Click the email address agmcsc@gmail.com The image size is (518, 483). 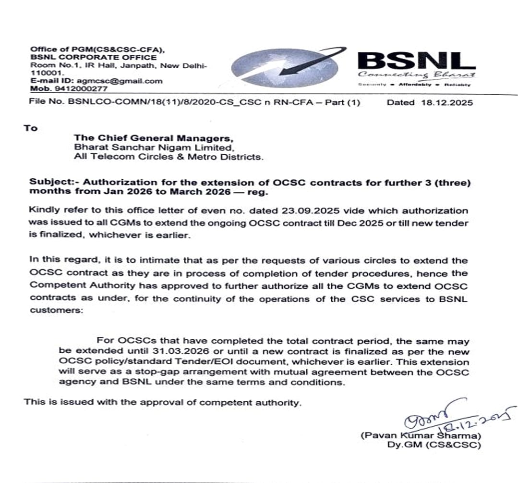coord(120,81)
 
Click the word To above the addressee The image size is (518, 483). coord(30,128)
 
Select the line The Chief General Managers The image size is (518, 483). coord(135,137)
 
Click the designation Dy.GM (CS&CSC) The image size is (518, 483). coord(434,445)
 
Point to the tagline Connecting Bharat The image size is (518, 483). coord(416,74)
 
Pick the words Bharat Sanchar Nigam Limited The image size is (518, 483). coord(154,147)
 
